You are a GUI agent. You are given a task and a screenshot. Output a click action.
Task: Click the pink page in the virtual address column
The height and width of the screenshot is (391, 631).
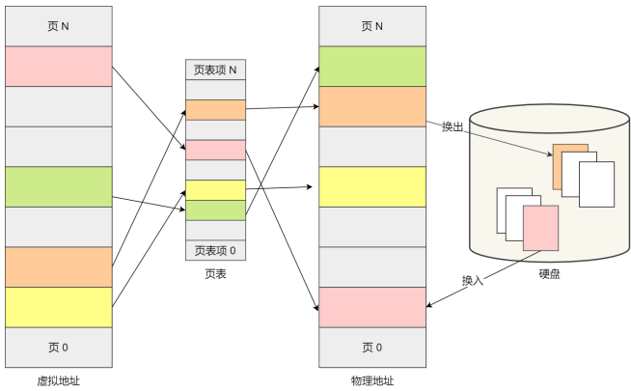coord(59,66)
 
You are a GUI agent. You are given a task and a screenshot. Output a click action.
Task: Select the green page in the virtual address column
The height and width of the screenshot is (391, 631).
coord(59,187)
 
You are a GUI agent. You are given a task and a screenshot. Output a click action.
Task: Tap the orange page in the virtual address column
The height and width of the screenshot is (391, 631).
coord(59,267)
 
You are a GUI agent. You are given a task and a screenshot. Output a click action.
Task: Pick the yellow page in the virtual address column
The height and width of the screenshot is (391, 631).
coord(59,307)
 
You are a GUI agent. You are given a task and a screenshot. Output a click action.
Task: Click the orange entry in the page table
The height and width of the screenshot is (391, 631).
coord(216,110)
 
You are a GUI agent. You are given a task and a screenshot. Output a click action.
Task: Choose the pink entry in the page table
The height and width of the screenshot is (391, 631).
coord(216,150)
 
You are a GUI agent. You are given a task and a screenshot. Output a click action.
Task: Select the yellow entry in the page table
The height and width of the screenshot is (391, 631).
coord(216,190)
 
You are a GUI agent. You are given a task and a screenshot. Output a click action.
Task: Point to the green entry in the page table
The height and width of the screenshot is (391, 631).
coord(216,210)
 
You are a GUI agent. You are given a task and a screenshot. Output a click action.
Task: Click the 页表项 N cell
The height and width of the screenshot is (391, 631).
coord(216,70)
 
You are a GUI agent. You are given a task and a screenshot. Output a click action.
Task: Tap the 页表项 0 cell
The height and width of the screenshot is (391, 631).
coord(216,250)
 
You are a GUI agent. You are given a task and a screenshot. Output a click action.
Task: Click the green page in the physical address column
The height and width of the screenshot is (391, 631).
coord(372,66)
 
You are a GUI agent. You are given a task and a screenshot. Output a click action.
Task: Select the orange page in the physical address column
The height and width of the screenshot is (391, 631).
coord(372,106)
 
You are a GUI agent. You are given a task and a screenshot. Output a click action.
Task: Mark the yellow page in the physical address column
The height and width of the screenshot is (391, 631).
coord(372,187)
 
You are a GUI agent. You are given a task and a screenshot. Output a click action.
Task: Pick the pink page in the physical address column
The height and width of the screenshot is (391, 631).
coord(372,307)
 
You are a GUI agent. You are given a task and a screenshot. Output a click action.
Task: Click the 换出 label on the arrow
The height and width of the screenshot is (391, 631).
coord(453,126)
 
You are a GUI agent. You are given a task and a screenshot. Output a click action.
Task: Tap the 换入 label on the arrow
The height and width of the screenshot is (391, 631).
coord(473,280)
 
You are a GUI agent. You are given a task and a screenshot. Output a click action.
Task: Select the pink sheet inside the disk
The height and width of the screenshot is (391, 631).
coord(541,228)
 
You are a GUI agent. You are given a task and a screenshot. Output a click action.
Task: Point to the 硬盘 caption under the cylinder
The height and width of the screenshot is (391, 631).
coord(549,274)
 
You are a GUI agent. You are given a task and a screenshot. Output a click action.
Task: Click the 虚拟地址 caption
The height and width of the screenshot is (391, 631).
coord(59,381)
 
